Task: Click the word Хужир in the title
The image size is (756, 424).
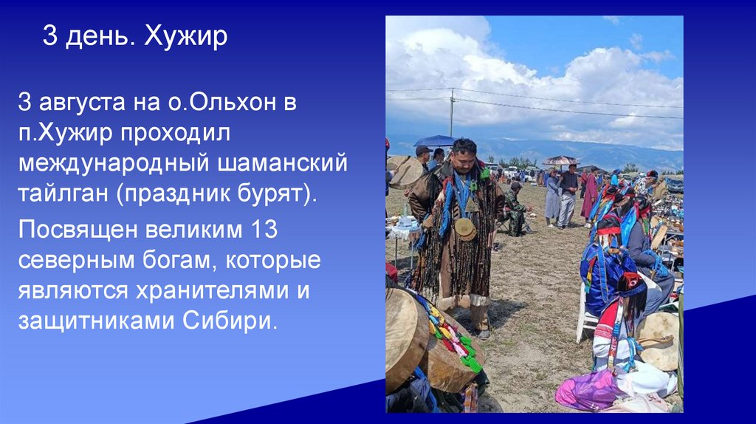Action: [185, 37]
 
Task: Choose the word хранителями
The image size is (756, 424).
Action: [206, 291]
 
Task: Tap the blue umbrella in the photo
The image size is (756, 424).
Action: [435, 140]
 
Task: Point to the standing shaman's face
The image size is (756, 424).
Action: [465, 156]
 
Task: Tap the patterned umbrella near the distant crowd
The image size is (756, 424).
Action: [561, 160]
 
